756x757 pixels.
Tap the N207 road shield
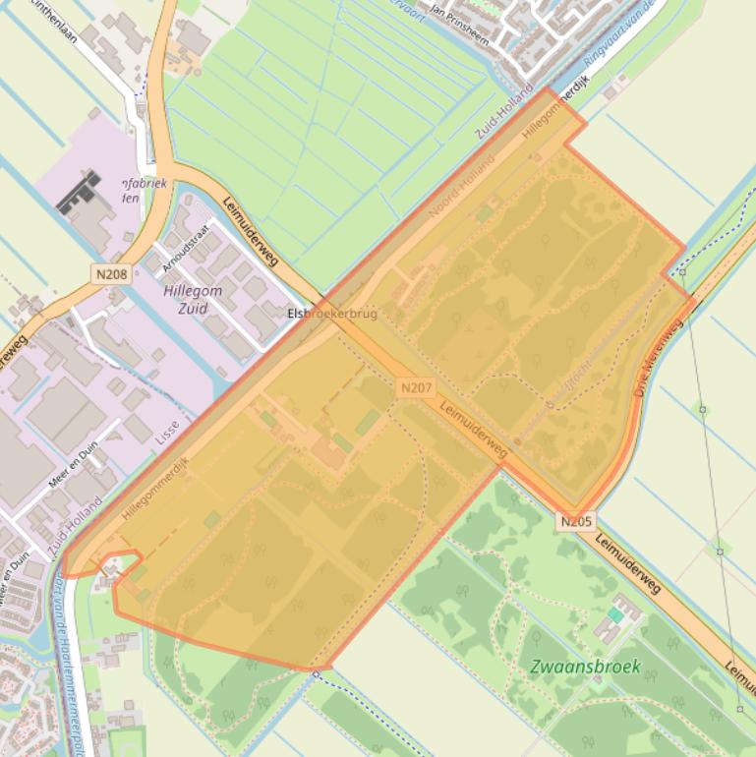[416, 388]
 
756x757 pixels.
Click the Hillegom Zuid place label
[193, 300]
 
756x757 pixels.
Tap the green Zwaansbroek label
[585, 667]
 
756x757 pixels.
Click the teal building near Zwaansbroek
[615, 614]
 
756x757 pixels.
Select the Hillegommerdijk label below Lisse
[155, 488]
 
